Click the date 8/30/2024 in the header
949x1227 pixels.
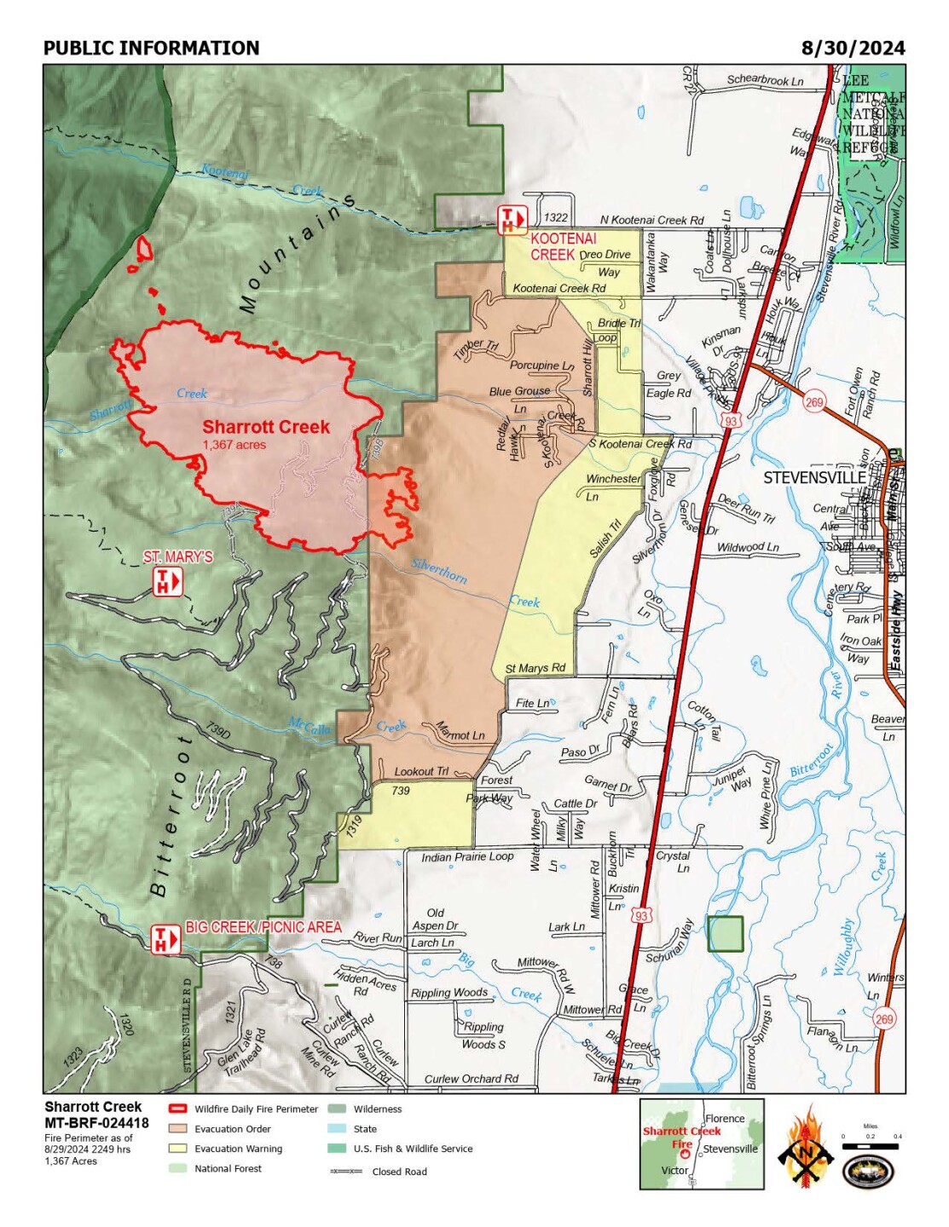coord(852,48)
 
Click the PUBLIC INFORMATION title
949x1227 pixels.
coord(151,49)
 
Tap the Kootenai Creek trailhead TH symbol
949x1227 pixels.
coord(512,220)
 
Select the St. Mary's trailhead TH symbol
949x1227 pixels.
coord(167,582)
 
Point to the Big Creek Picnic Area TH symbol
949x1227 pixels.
coord(166,939)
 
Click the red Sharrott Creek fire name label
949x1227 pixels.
coord(265,427)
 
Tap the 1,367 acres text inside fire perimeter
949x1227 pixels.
coord(234,445)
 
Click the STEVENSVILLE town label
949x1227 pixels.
coord(813,477)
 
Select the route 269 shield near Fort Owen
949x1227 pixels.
coord(814,401)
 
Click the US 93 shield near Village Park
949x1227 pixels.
coord(730,420)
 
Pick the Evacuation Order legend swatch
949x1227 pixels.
coord(177,1128)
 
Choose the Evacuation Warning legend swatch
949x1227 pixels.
coord(177,1148)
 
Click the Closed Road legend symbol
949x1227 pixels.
coord(345,1172)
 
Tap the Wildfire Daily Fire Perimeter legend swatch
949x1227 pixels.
coord(177,1109)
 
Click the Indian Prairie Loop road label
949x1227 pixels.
coord(467,856)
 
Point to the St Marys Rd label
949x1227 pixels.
coord(535,668)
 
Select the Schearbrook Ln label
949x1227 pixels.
coord(765,80)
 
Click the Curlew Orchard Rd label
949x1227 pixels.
coord(471,1079)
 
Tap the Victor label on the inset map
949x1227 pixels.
coord(674,1170)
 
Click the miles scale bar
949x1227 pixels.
coord(870,1146)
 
